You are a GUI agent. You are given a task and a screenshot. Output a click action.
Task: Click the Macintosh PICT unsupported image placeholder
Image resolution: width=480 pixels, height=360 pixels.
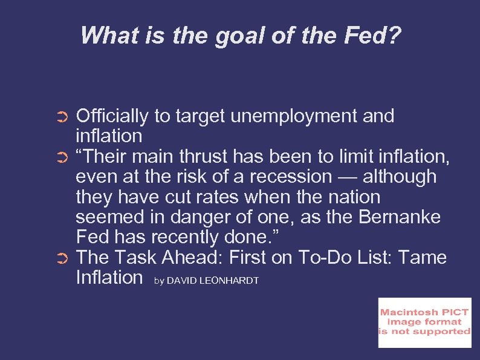coord(424,322)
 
